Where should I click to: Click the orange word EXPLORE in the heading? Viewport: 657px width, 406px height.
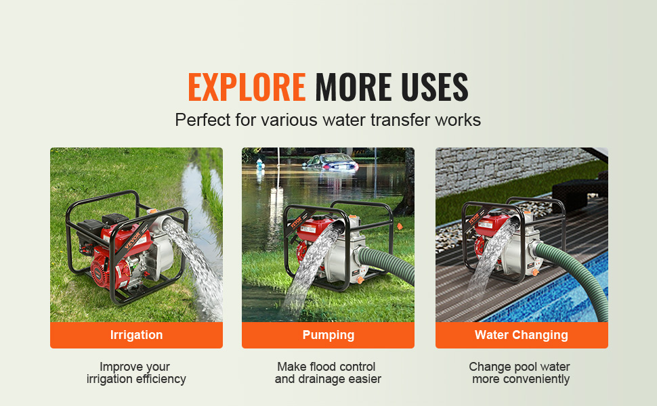(x=247, y=87)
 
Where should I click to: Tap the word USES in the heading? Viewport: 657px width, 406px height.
(x=435, y=87)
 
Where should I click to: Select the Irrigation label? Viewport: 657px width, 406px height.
(x=136, y=335)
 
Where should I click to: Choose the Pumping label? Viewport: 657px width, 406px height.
(x=328, y=335)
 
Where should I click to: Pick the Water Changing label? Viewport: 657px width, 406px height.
(x=522, y=335)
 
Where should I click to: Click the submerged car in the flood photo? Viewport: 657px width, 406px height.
(x=331, y=162)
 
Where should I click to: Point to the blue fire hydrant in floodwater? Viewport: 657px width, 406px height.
(x=260, y=164)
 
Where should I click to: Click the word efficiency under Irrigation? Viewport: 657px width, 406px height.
(x=161, y=379)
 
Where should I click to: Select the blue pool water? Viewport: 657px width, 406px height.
(x=557, y=293)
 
